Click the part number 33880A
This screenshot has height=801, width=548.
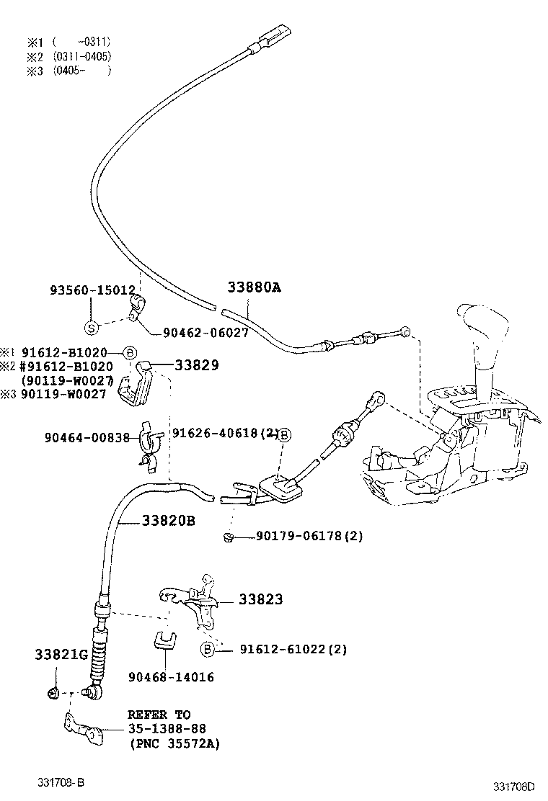point(253,287)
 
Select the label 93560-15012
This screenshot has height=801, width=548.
point(92,290)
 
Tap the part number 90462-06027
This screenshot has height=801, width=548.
point(205,333)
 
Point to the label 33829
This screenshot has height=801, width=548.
point(195,365)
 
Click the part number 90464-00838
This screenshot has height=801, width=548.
point(87,437)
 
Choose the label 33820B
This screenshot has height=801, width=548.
point(168,520)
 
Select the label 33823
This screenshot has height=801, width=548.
point(260,599)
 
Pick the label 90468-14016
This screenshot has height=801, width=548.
point(171,677)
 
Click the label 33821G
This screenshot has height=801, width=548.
point(61,655)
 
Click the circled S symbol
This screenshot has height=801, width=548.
point(92,328)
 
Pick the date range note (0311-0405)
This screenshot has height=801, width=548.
point(81,56)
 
